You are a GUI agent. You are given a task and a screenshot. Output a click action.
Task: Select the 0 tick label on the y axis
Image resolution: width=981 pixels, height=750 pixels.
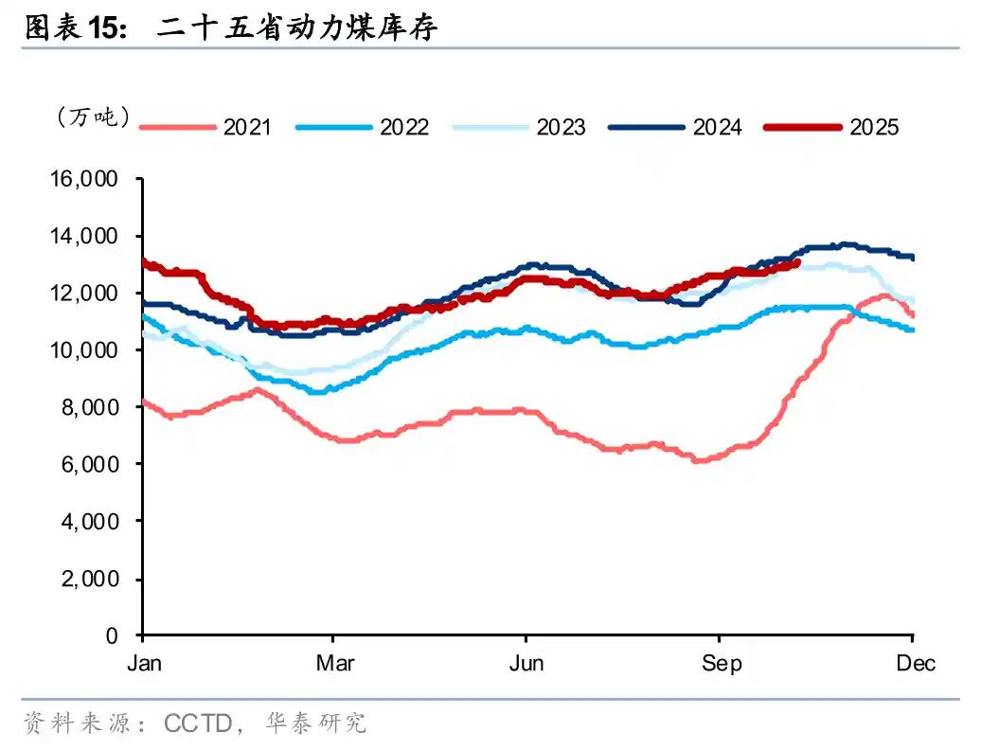[x=112, y=635]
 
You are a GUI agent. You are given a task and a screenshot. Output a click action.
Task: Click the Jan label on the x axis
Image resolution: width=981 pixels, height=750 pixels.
[x=144, y=663]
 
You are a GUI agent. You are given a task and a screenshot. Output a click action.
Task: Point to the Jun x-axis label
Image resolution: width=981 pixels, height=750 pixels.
[x=526, y=663]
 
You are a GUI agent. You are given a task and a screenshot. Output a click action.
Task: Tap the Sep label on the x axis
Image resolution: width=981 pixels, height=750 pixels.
[x=722, y=663]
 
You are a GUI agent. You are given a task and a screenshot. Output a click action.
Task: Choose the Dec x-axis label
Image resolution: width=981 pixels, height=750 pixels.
[x=916, y=663]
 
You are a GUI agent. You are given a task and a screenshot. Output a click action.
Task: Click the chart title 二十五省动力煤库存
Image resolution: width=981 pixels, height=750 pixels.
[x=297, y=29]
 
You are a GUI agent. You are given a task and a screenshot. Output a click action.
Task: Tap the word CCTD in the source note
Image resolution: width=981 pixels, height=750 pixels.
[x=198, y=724]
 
